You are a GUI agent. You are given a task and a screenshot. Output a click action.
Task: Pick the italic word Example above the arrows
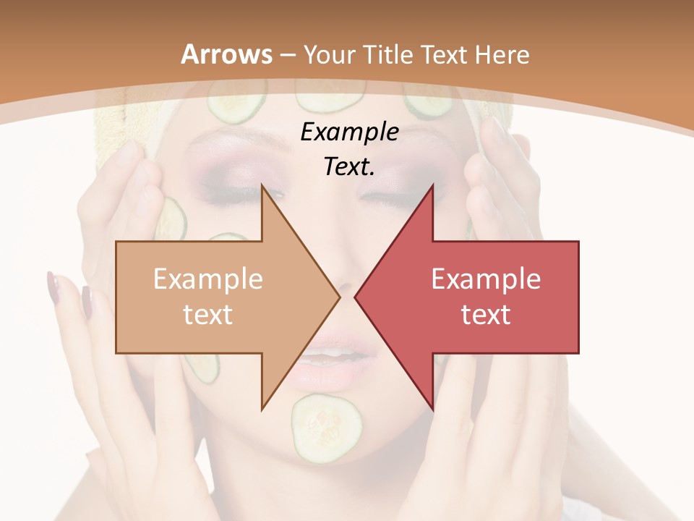tap(349, 132)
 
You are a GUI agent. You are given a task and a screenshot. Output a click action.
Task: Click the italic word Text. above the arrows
tap(349, 167)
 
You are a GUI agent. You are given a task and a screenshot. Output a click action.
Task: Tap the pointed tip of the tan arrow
tap(339, 297)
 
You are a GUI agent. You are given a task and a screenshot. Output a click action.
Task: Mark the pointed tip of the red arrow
tap(355, 297)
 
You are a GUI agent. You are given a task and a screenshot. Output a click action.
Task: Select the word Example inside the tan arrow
tap(208, 279)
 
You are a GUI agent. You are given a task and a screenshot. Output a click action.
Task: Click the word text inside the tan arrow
tap(208, 314)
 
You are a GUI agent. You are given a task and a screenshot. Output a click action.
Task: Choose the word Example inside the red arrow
tap(486, 279)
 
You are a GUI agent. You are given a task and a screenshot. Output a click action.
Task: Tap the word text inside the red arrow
tap(486, 314)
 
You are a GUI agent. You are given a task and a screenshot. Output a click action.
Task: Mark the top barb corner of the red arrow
tap(432, 186)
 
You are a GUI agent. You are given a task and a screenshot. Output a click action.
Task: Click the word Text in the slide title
tap(442, 54)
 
